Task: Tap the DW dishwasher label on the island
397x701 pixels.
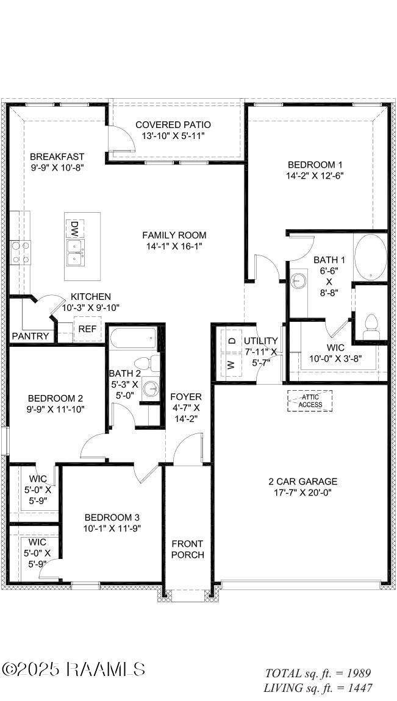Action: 74,229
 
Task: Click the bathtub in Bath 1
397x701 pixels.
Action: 370,256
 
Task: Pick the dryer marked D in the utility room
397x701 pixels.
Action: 232,340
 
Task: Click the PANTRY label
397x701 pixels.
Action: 30,336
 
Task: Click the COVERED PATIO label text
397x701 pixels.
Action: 173,125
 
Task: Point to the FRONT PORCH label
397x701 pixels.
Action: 187,549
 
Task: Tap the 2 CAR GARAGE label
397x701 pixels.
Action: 302,482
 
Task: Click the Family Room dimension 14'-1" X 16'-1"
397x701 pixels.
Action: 174,246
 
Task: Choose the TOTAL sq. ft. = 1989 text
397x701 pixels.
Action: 318,674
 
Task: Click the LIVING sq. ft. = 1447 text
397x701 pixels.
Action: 318,688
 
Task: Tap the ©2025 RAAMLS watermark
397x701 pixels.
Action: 73,669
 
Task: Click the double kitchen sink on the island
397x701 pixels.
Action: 76,252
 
